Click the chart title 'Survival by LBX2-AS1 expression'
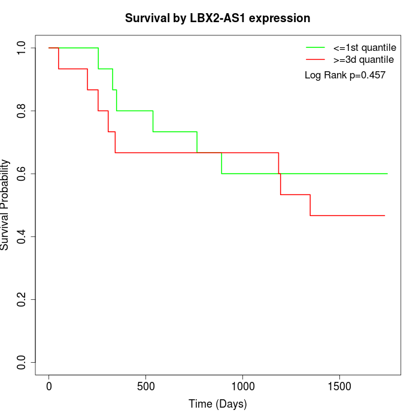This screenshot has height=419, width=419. tap(217, 18)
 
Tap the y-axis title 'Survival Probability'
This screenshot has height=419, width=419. tap(5, 205)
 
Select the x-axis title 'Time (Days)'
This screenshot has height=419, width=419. tap(217, 404)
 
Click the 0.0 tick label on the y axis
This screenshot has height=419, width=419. tap(22, 362)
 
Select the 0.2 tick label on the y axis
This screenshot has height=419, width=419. tap(22, 299)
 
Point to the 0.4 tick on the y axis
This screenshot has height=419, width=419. tap(22, 236)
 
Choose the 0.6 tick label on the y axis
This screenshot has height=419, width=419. tap(22, 174)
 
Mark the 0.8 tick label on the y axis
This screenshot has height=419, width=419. tap(22, 111)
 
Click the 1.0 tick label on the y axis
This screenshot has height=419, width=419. tap(22, 48)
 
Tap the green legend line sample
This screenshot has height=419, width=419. tap(315, 47)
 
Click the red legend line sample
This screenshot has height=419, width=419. tap(315, 59)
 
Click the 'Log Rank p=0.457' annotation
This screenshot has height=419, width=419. tap(345, 75)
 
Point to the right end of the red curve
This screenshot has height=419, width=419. tap(384, 215)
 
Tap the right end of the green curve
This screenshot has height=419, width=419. tap(387, 174)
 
